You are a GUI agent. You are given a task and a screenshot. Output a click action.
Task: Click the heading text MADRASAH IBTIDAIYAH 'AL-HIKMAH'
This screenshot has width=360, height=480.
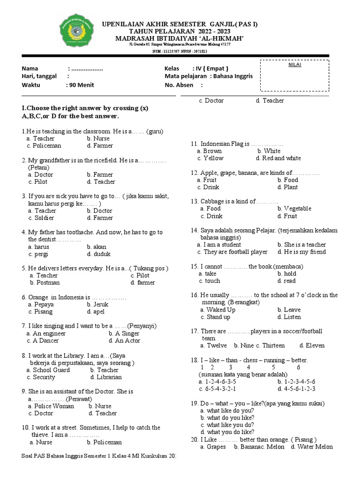[180, 38]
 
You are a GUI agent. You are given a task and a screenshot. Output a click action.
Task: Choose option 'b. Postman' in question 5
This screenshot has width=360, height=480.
[45, 283]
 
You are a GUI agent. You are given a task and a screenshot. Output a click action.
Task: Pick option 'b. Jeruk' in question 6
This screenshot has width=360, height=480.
[97, 304]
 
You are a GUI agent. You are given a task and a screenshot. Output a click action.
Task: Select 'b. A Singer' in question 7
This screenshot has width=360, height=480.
[124, 333]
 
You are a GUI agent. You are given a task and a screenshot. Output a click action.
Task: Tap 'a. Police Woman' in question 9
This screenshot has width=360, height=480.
[51, 406]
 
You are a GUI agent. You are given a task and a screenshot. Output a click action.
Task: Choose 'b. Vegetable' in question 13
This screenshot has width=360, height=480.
[294, 209]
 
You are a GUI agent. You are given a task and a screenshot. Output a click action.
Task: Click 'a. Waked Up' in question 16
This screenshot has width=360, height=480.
[217, 310]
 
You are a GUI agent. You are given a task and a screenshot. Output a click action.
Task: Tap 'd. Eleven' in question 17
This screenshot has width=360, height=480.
[312, 345]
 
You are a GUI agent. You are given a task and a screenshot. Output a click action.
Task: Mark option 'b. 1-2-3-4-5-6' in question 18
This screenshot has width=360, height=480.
[296, 382]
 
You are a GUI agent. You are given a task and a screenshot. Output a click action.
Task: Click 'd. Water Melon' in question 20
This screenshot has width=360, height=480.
[312, 447]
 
